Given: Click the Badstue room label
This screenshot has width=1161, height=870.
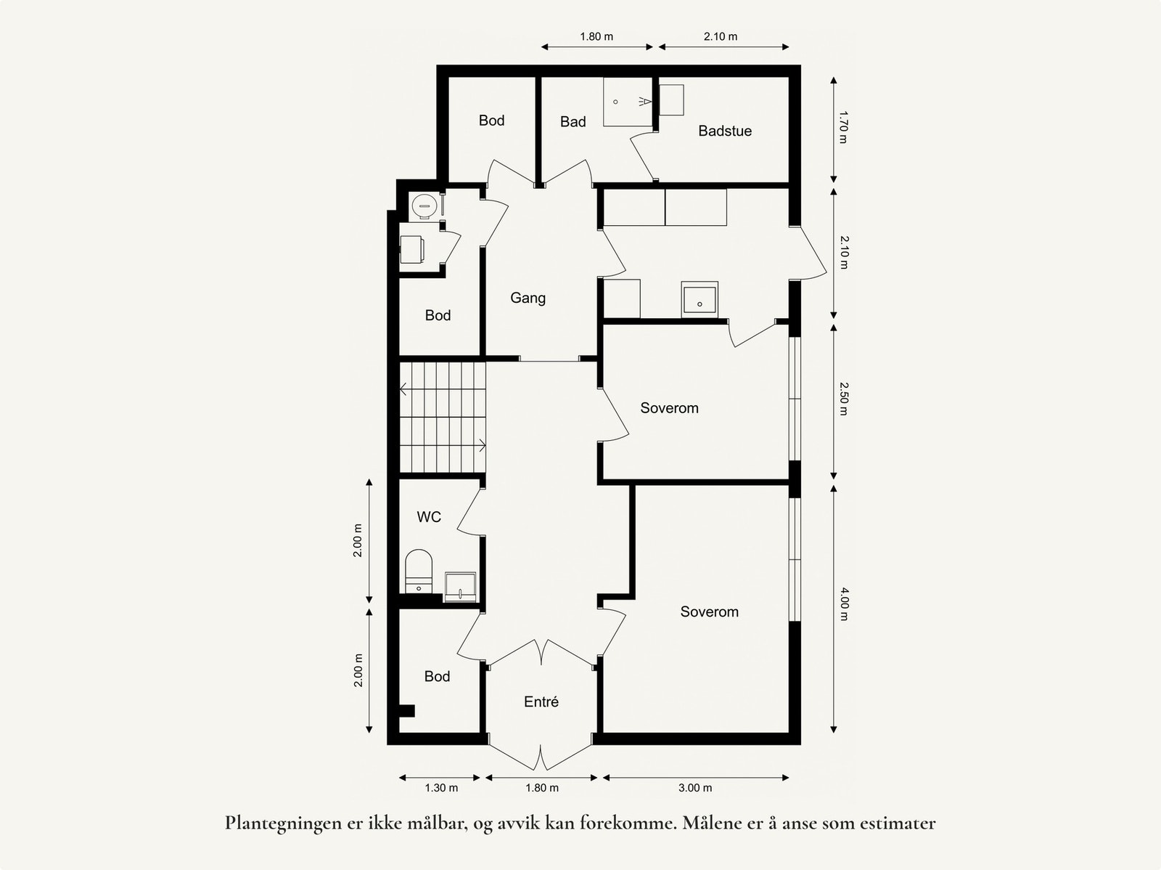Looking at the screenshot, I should [724, 131].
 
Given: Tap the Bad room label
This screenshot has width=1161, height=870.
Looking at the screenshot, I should [573, 122].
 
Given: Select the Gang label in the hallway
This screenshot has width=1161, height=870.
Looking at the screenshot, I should [528, 298].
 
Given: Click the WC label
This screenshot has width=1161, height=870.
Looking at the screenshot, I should [429, 517].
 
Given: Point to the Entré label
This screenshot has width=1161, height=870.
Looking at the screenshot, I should [541, 702].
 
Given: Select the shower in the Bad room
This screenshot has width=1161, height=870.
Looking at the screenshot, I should [628, 102].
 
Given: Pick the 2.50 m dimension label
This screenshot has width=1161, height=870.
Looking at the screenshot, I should [843, 399].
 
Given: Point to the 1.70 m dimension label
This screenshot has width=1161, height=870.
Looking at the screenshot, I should [842, 127].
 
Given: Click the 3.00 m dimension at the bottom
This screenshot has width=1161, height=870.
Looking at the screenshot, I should [695, 788].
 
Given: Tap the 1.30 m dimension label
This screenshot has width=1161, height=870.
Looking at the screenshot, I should [441, 788].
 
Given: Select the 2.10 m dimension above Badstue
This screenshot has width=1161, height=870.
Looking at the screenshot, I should [721, 36].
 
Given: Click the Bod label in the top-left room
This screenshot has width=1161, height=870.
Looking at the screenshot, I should [491, 121].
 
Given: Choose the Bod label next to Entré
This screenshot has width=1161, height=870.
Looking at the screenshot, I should [437, 676].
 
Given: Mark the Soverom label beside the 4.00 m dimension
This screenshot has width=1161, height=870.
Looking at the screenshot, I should [709, 611].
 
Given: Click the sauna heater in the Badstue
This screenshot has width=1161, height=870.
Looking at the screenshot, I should [671, 99].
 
